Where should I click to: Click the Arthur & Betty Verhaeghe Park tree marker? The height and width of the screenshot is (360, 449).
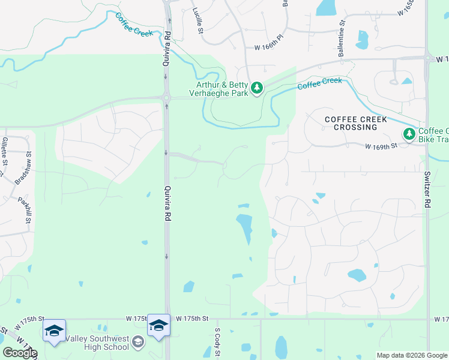pos(257,88)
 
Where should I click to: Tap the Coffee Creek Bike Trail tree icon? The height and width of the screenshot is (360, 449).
pos(409,134)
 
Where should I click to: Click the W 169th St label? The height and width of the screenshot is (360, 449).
pos(382,146)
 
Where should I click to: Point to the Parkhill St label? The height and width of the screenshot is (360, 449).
pos(24,211)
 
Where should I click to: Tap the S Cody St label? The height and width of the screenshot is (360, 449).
pos(217,343)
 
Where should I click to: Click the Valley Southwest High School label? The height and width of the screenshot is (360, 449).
pos(99,342)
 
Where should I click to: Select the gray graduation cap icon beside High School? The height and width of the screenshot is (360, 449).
pos(138,342)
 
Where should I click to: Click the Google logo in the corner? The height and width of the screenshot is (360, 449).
pos(20,353)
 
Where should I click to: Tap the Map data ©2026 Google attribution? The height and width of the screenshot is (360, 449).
pos(412,355)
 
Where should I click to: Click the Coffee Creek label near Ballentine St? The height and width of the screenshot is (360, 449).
pos(319,83)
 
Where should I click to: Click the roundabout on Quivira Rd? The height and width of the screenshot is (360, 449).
pos(166,97)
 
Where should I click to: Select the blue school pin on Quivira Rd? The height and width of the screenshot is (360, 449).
pos(159,326)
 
